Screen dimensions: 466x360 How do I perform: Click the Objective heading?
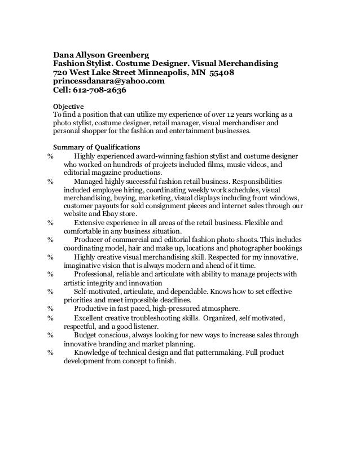coord(68,107)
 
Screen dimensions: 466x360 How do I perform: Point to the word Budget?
coord(85,335)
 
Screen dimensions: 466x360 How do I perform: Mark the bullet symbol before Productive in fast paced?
coord(51,308)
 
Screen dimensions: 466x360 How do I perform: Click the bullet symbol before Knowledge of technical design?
coord(51,353)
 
